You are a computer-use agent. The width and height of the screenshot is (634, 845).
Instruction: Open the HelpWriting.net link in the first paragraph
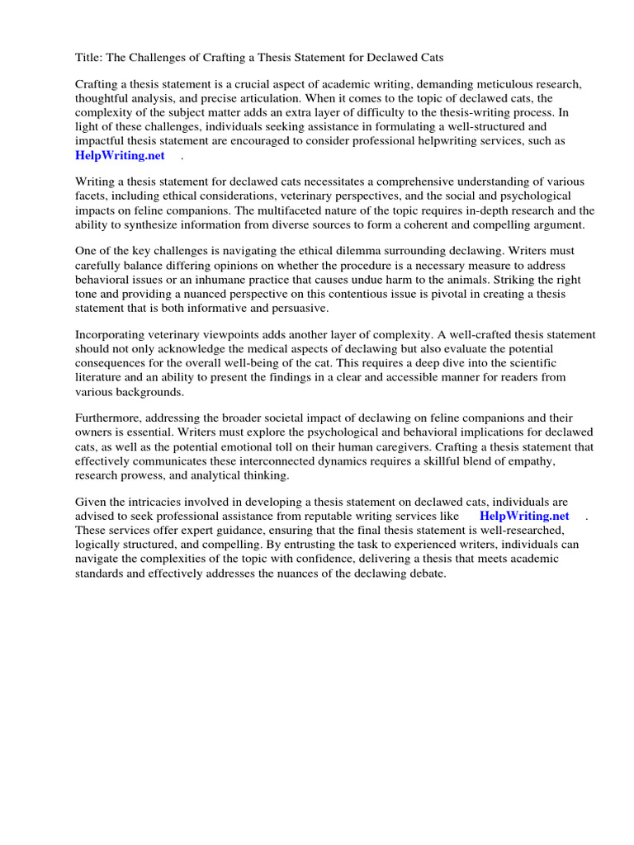(120, 155)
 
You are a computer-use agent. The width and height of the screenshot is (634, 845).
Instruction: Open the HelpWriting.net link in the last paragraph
(524, 516)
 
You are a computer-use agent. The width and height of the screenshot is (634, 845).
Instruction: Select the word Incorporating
(113, 335)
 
